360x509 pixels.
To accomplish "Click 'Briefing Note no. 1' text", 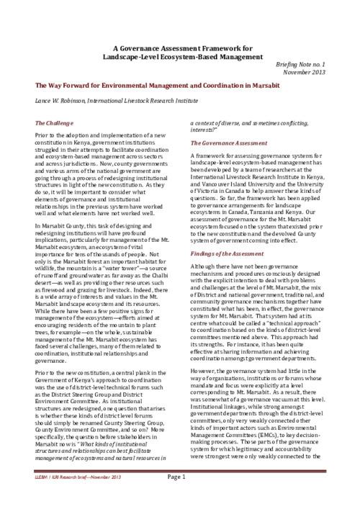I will pos(311,64).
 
